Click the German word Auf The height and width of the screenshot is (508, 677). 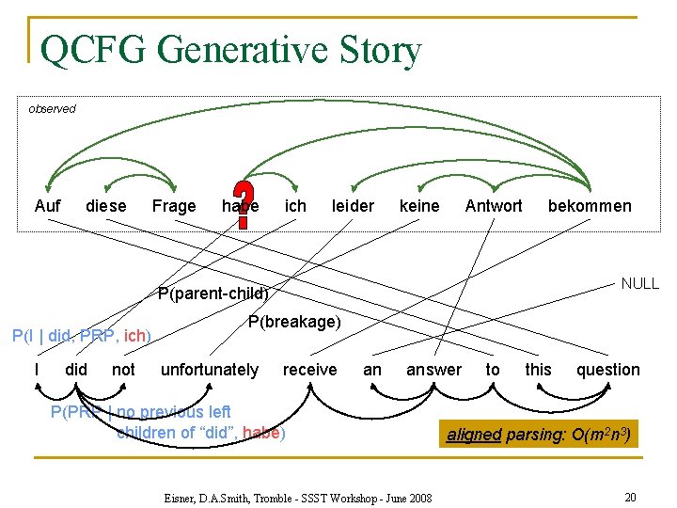[x=47, y=206]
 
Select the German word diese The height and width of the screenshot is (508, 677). [x=106, y=206]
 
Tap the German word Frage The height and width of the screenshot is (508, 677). [x=174, y=206]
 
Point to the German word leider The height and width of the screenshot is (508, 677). [x=353, y=206]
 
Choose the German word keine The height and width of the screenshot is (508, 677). [x=419, y=206]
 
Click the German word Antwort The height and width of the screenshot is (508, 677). [x=493, y=206]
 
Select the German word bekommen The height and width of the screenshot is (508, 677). [x=590, y=206]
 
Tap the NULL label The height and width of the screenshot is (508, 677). [x=640, y=283]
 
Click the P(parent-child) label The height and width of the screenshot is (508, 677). [x=213, y=293]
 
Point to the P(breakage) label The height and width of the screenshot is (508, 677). [x=294, y=322]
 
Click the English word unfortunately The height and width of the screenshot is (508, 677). [x=210, y=370]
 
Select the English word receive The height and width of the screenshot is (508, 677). [x=309, y=370]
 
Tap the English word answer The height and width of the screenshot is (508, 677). [x=433, y=370]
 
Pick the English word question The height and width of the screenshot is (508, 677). [x=607, y=370]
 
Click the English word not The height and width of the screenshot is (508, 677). [x=123, y=370]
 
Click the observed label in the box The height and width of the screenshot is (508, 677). [x=52, y=109]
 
